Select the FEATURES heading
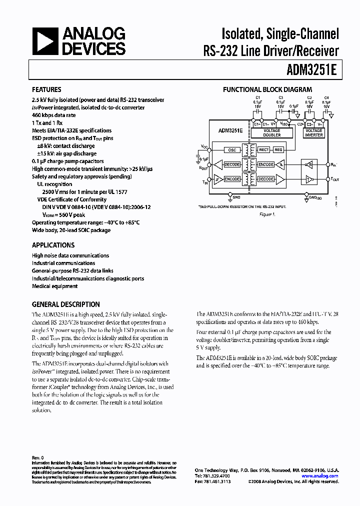click(x=46, y=89)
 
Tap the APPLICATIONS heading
click(x=53, y=245)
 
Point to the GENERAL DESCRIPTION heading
click(x=65, y=304)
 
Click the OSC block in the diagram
click(x=231, y=150)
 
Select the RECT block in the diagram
click(x=264, y=150)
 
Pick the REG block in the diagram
click(x=278, y=150)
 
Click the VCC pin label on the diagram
click(x=204, y=146)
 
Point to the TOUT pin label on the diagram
click(x=334, y=178)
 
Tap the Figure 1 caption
click(x=267, y=214)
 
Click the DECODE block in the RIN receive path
click(x=232, y=164)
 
